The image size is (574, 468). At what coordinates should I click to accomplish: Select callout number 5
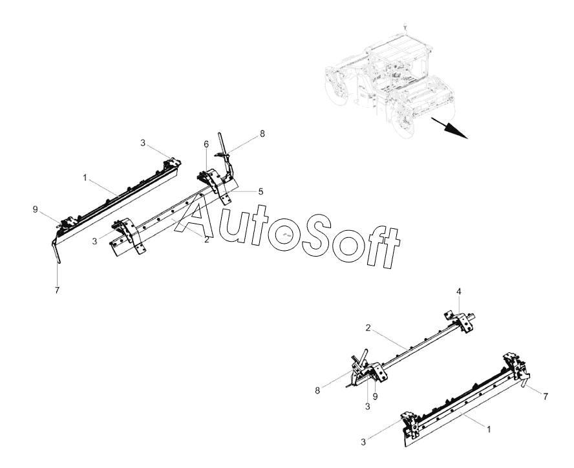point(261,192)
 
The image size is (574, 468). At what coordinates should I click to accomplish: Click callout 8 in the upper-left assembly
point(262,134)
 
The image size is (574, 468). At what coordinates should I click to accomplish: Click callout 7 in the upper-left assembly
point(57,291)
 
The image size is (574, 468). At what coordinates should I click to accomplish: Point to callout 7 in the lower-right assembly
point(547,396)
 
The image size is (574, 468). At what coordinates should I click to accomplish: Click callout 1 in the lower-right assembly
point(489,429)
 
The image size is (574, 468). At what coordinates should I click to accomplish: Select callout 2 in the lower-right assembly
point(368,328)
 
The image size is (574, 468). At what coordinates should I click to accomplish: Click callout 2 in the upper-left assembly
point(206,240)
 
